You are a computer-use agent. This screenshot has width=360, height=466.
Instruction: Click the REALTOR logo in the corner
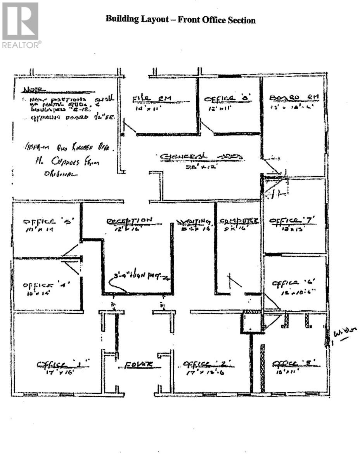[21, 25]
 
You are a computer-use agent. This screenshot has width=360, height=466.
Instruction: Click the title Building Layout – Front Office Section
[180, 20]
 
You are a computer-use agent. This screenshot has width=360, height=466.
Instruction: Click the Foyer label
[138, 365]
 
